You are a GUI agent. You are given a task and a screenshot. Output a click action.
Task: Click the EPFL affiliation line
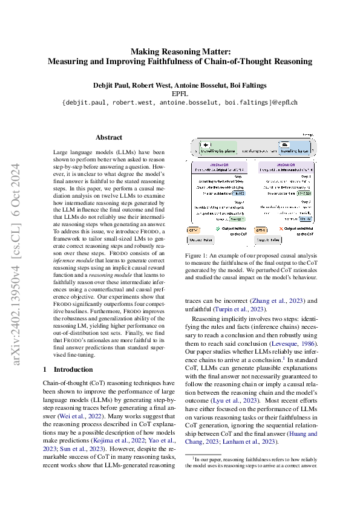click(x=180, y=94)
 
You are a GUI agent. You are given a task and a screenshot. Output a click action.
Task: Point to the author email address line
click(x=180, y=103)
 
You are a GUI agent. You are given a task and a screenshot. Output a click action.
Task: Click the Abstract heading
click(x=109, y=138)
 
